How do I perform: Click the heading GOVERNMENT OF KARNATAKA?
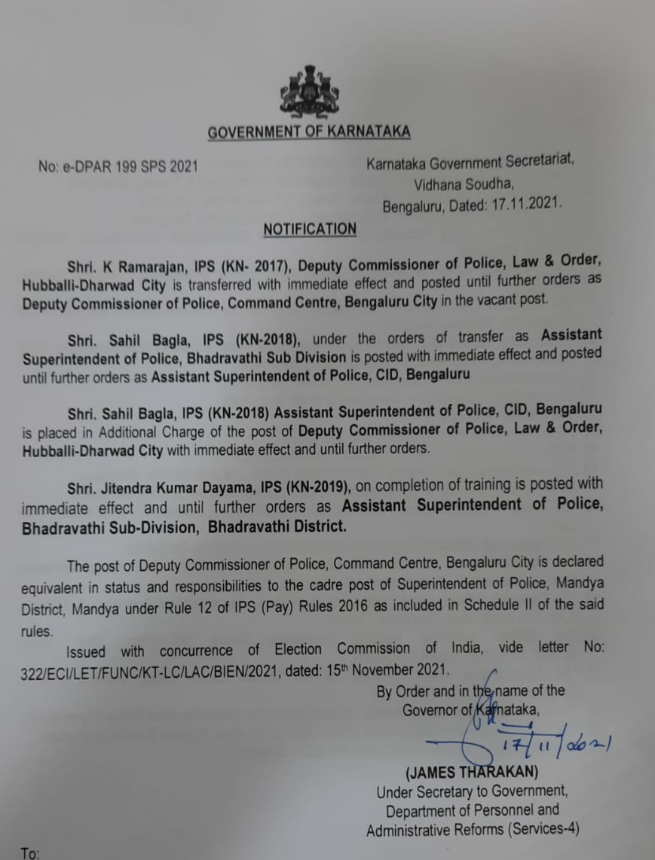(x=309, y=133)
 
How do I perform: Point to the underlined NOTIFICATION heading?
(x=310, y=229)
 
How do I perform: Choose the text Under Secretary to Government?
(x=472, y=792)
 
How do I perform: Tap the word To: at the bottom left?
(x=31, y=854)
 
